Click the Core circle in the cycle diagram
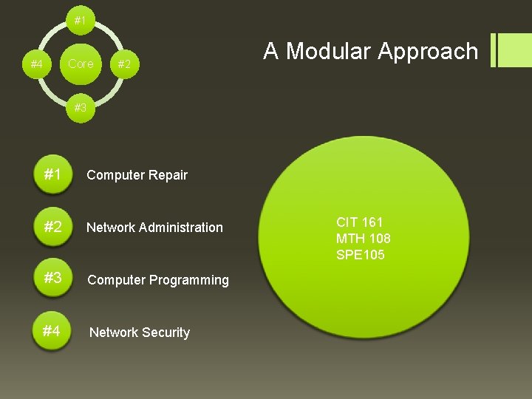click(81, 64)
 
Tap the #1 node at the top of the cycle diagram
click(81, 20)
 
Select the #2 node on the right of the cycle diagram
click(124, 64)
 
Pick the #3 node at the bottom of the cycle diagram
click(81, 108)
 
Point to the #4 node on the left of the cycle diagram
click(36, 64)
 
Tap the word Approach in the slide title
click(428, 51)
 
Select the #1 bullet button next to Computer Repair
click(52, 175)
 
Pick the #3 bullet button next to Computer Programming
click(52, 279)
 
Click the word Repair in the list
click(168, 175)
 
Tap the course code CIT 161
click(360, 222)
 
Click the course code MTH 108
click(364, 239)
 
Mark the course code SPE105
click(361, 255)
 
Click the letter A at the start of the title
click(271, 51)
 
